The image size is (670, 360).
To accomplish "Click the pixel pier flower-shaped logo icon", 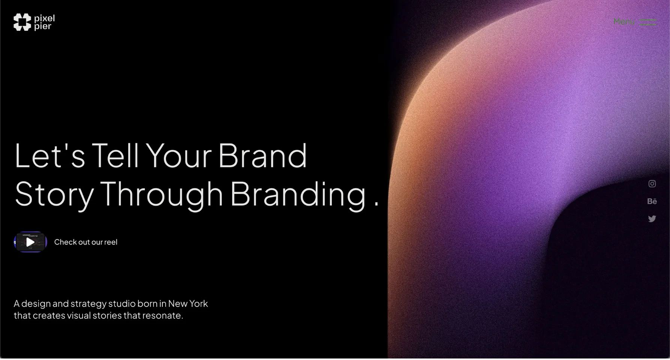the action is point(22,22).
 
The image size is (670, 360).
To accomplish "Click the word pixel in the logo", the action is point(45,18).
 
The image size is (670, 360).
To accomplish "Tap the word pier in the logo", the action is point(43,26).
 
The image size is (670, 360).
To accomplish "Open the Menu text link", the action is point(624,22).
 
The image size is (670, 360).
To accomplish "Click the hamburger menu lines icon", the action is point(648,22).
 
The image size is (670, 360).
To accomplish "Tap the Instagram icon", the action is point(652,184).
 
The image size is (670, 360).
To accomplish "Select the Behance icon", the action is point(652,201).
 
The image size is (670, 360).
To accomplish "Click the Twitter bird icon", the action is point(652,219).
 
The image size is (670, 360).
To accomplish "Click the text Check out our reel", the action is point(86,242).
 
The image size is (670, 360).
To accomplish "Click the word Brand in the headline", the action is point(262,155).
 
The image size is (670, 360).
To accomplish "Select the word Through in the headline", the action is point(162,194).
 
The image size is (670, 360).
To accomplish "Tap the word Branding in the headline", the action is point(298,194).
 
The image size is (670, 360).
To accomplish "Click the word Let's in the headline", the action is point(50,155).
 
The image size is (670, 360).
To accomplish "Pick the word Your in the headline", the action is point(178,155).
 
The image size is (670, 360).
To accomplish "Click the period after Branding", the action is point(376,204).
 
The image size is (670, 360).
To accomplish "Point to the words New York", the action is point(188,303).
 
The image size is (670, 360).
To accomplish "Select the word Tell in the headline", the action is point(115,155).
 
